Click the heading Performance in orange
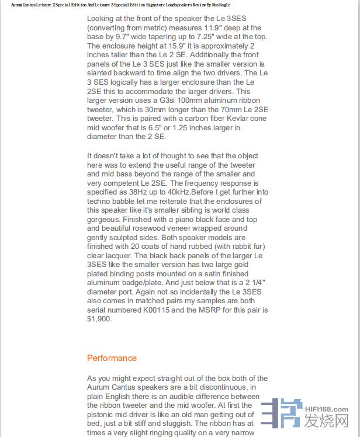tap(112, 358)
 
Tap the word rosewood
tap(151, 228)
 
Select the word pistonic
tap(103, 415)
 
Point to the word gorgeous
tap(103, 219)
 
